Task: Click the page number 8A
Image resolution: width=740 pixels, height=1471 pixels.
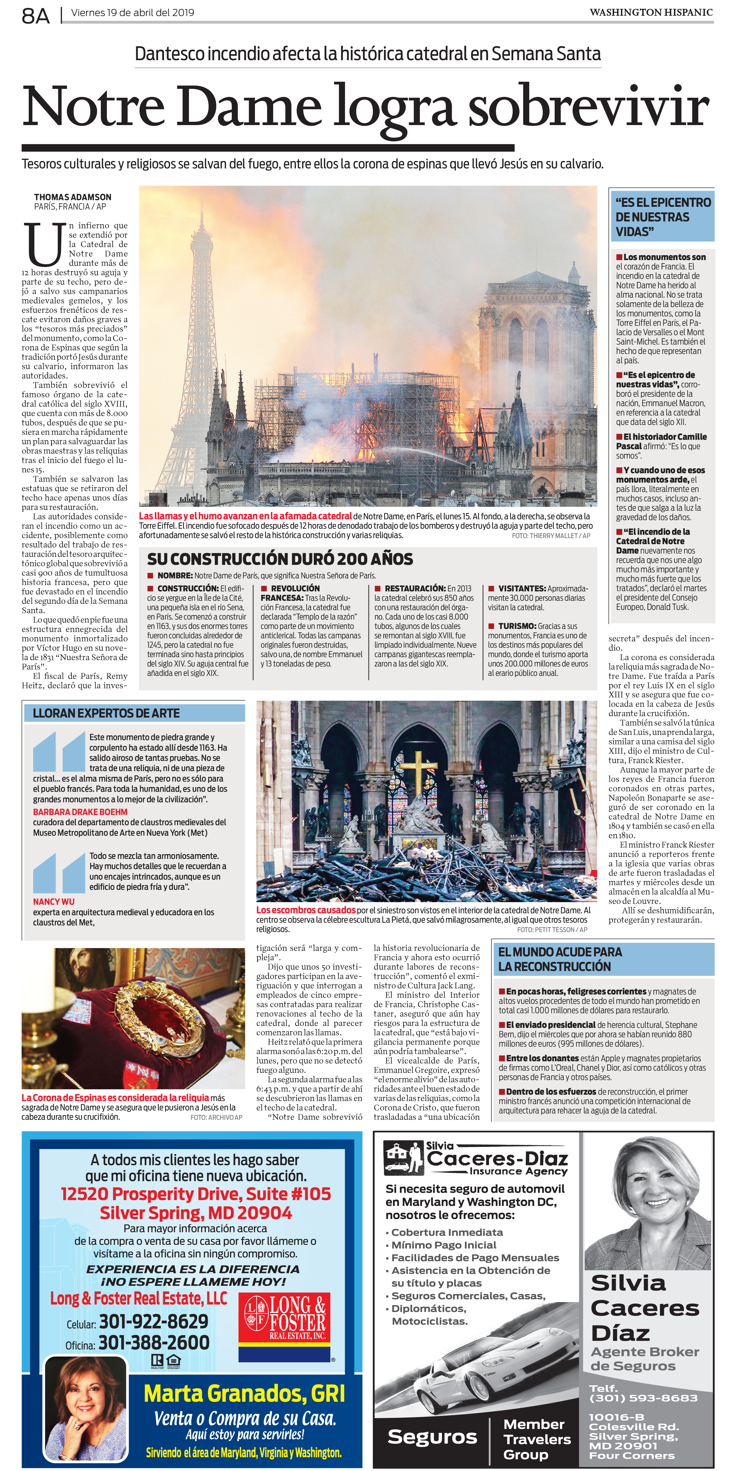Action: [35, 15]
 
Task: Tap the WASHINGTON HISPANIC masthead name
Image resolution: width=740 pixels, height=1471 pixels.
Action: [651, 12]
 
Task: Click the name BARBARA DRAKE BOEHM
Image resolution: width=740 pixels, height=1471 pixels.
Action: [80, 811]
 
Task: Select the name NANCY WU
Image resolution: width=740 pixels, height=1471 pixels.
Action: [54, 901]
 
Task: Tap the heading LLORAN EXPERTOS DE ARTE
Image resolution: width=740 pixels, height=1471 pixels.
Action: [106, 713]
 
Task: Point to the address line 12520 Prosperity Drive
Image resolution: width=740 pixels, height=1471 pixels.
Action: [196, 1194]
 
